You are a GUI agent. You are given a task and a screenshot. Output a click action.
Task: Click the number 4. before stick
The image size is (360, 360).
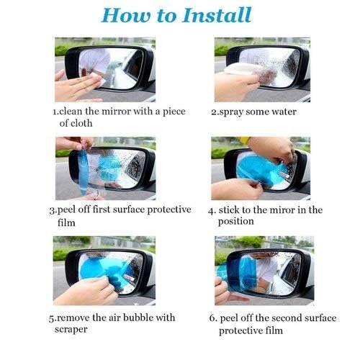click(x=212, y=210)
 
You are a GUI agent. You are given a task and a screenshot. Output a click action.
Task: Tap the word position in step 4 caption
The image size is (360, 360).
click(x=236, y=222)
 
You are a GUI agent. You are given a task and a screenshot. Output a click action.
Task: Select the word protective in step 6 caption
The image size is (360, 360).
click(x=243, y=330)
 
